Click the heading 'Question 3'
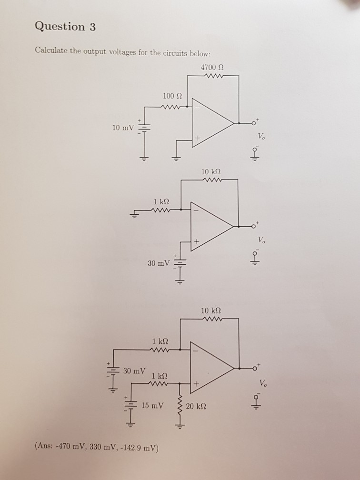[65, 27]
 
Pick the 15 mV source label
[152, 406]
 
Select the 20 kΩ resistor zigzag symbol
[180, 408]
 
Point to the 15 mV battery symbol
[130, 406]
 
